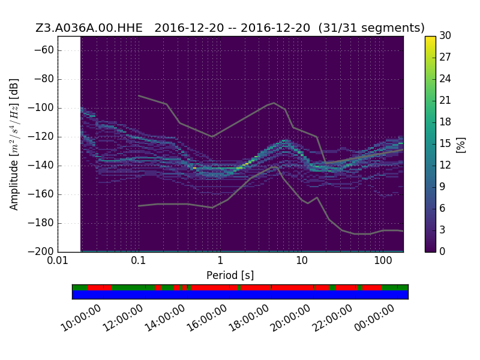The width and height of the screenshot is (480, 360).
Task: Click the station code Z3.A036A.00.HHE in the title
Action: click(89, 28)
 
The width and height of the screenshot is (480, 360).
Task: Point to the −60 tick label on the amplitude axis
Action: click(44, 50)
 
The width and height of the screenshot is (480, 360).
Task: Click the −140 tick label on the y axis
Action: click(41, 166)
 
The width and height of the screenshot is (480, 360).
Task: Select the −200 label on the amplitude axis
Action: click(41, 251)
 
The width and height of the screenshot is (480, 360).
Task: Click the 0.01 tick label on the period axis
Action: click(58, 260)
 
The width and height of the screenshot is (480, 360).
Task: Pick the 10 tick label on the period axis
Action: click(302, 260)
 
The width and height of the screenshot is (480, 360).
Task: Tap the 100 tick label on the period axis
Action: click(383, 260)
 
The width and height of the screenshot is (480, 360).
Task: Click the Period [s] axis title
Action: click(230, 275)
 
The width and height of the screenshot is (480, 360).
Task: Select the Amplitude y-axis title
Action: click(14, 145)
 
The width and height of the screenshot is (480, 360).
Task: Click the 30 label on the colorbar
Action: click(445, 35)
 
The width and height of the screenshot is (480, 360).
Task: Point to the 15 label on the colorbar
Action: click(445, 143)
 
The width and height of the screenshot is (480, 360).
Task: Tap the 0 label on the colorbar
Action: click(442, 251)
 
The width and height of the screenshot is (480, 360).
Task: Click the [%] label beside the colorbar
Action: click(460, 145)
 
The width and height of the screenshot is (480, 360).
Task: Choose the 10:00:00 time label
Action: click(81, 318)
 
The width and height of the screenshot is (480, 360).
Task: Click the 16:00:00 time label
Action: click(207, 318)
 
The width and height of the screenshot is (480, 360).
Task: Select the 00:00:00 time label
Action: click(374, 318)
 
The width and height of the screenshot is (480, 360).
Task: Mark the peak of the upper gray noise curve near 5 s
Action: click(274, 103)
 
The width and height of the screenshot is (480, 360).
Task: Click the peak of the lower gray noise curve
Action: click(275, 167)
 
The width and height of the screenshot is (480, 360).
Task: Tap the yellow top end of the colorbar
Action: click(430, 38)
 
